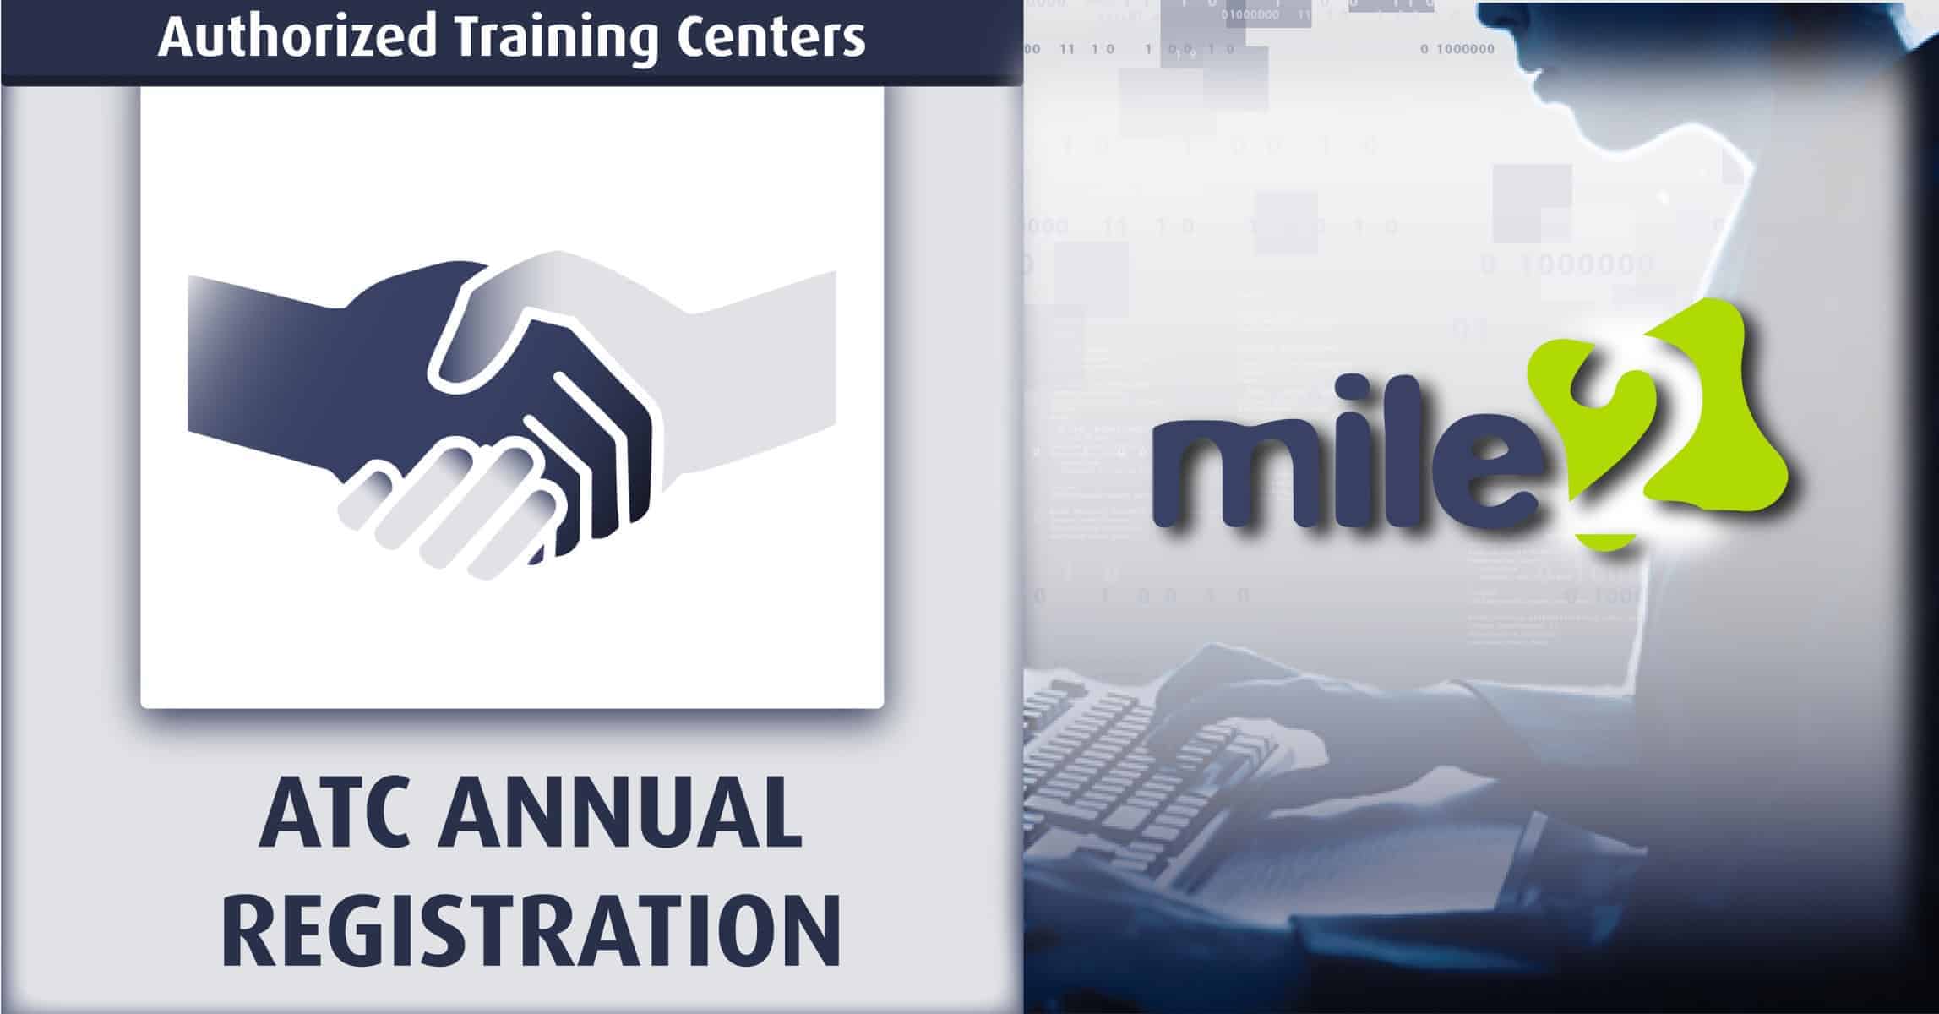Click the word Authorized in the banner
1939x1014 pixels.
297,37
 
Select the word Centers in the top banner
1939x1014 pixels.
769,37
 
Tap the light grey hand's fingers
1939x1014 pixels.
448,507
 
